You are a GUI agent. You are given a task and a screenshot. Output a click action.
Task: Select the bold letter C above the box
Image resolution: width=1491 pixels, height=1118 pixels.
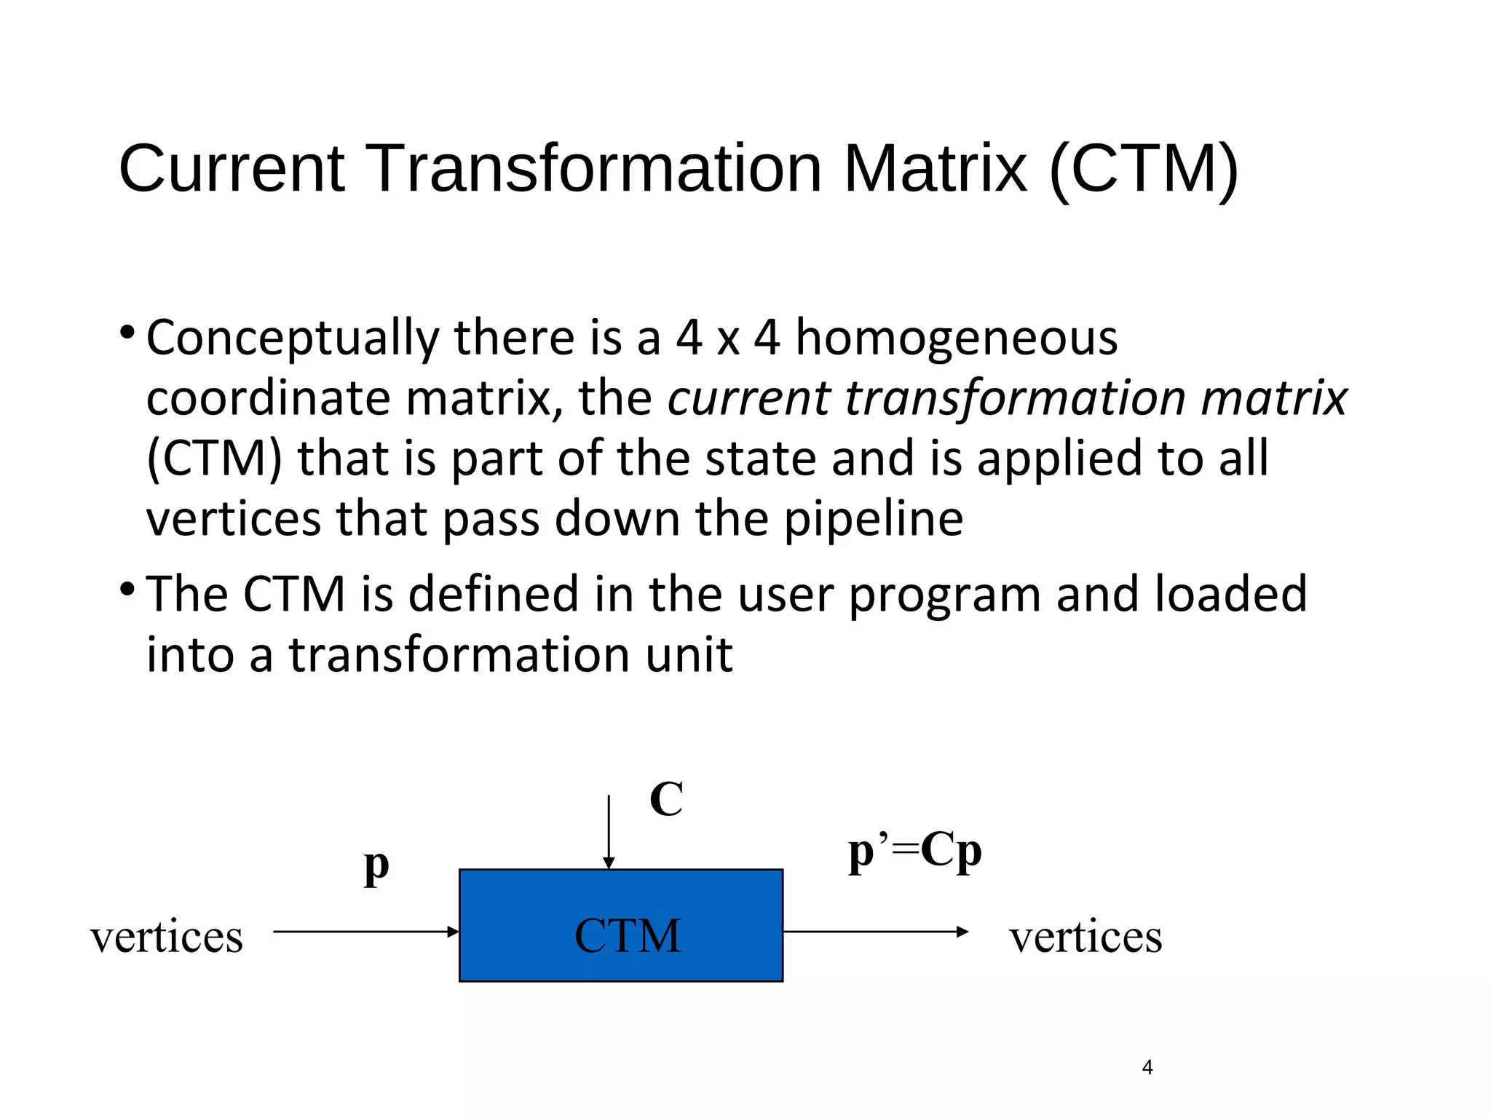pyautogui.click(x=666, y=799)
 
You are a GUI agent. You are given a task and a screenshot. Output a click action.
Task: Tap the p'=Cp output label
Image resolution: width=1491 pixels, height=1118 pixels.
pyautogui.click(x=914, y=852)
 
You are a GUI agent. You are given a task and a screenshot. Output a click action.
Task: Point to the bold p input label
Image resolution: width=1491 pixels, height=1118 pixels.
pyautogui.click(x=376, y=866)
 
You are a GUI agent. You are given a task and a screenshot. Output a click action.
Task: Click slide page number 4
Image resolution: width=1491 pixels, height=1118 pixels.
pyautogui.click(x=1147, y=1068)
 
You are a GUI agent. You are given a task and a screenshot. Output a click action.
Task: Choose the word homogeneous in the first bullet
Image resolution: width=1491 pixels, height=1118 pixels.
pyautogui.click(x=956, y=338)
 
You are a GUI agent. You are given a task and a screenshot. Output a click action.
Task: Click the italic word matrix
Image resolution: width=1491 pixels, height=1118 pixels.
pyautogui.click(x=1274, y=398)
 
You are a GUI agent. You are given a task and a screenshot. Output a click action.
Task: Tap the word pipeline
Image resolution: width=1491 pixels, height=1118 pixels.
pyautogui.click(x=873, y=519)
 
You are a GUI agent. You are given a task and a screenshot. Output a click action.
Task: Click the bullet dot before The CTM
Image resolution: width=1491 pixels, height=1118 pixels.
pyautogui.click(x=127, y=588)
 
